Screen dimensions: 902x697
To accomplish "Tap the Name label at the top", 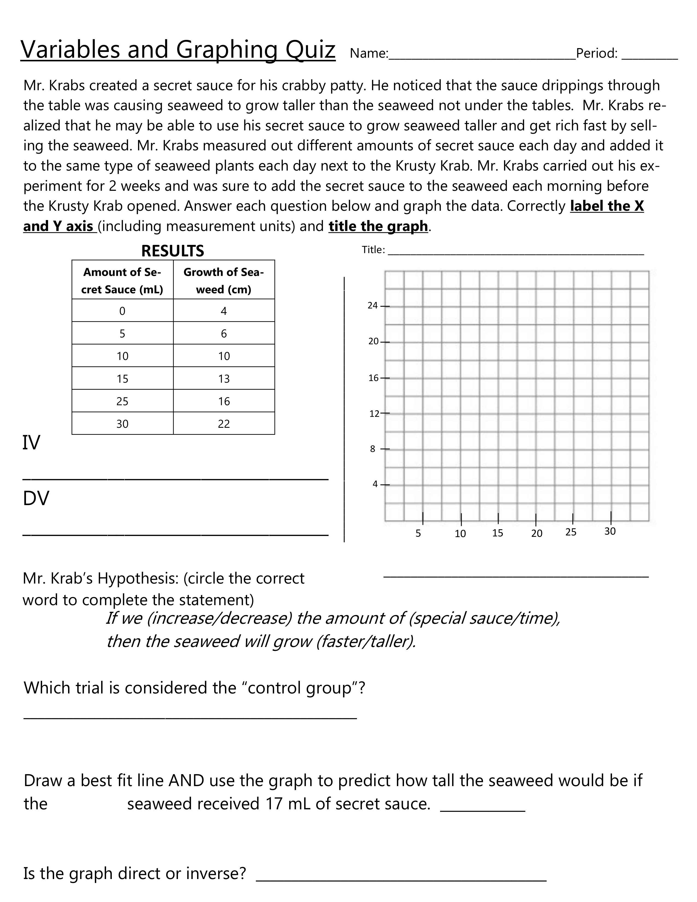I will pyautogui.click(x=368, y=53).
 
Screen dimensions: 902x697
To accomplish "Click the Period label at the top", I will pyautogui.click(x=597, y=53).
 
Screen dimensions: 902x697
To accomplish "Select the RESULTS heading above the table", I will pyautogui.click(x=172, y=251).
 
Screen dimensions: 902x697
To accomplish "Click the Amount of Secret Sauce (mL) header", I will pyautogui.click(x=122, y=280).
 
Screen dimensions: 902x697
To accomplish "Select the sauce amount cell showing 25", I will pyautogui.click(x=122, y=401).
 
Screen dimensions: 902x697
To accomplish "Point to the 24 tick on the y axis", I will pyautogui.click(x=373, y=306).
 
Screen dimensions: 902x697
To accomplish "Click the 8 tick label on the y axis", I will pyautogui.click(x=373, y=449).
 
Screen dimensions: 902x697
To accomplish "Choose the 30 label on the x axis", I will pyautogui.click(x=610, y=532).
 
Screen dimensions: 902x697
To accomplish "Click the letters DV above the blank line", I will pyautogui.click(x=36, y=499).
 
